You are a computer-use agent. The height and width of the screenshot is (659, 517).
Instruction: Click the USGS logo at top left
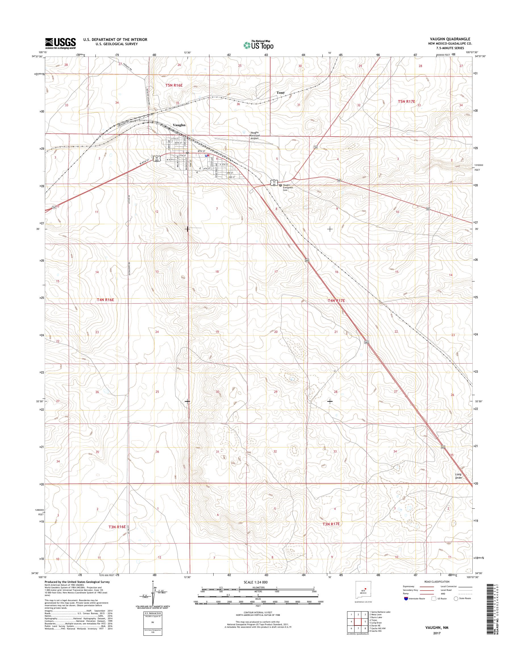[x=61, y=43]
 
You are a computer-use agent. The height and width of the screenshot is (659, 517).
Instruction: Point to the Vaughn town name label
[x=179, y=125]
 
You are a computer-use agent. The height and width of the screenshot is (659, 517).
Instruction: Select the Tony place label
[x=281, y=93]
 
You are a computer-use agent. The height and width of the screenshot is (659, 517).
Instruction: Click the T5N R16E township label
[x=174, y=85]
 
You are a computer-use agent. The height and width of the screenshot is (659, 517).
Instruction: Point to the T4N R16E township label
[x=105, y=300]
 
